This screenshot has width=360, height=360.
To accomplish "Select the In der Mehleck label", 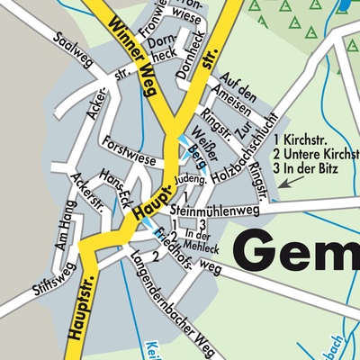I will [x=202, y=239].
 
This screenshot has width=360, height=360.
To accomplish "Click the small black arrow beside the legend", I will [x=287, y=183].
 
